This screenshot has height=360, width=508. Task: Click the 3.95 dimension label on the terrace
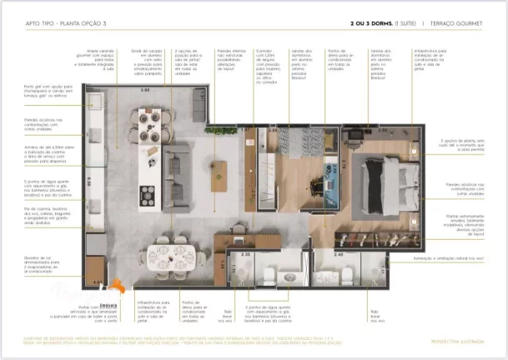click(145, 89)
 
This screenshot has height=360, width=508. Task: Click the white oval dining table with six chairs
click(171, 254)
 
